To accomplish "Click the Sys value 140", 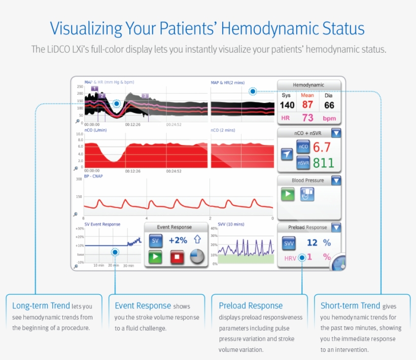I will tap(287, 105).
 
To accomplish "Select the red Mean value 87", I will tap(308, 104).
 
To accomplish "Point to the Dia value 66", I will tap(329, 105).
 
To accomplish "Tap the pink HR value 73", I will tap(308, 118).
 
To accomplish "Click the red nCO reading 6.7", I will tap(322, 148).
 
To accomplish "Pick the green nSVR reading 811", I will tap(323, 163).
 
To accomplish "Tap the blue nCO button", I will tap(303, 147).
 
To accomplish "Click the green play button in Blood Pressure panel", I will tap(288, 194).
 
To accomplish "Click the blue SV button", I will tap(155, 240).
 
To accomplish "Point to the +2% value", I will tap(178, 240).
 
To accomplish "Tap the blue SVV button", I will tap(289, 243).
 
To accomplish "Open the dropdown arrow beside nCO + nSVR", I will tap(336, 133).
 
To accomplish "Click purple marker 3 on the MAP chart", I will tap(145, 95).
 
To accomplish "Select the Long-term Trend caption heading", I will tap(41, 305).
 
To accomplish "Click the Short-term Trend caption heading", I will tap(350, 305).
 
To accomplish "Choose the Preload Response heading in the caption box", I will tap(251, 305).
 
